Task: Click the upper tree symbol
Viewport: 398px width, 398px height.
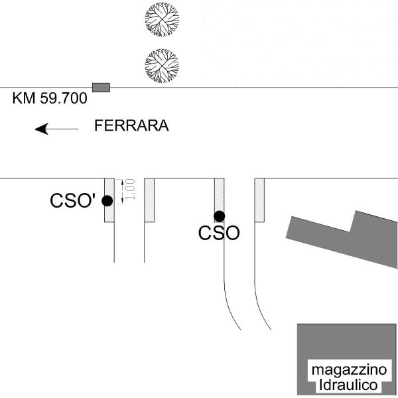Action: (x=162, y=19)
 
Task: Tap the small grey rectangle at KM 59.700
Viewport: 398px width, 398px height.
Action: (x=101, y=87)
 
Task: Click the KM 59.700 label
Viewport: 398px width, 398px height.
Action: (x=50, y=99)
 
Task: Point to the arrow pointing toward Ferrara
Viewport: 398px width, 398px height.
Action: (x=56, y=128)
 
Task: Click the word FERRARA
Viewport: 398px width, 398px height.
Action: (x=131, y=125)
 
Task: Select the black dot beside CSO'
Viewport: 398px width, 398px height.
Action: (x=107, y=201)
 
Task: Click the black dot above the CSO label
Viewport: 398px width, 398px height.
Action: (x=219, y=216)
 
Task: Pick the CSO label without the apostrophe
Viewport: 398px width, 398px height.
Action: (x=219, y=233)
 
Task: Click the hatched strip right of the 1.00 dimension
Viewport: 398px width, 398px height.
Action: (x=149, y=200)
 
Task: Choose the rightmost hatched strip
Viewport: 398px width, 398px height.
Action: (x=260, y=200)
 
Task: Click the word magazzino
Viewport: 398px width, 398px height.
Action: (x=346, y=370)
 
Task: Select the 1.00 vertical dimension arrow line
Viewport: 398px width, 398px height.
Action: (x=122, y=190)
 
